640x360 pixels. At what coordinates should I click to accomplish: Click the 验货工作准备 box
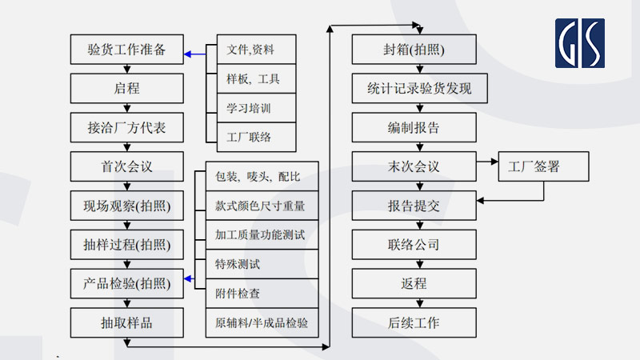click(x=126, y=50)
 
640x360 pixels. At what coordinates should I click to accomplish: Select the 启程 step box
click(x=126, y=88)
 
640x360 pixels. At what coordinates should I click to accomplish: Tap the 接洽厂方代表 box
click(x=126, y=127)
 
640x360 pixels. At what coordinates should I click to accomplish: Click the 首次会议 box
click(x=126, y=166)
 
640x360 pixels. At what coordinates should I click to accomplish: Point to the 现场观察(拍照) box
click(x=126, y=206)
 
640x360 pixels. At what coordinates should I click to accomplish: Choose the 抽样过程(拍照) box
click(x=126, y=244)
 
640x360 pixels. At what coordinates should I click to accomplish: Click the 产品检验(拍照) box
click(x=126, y=283)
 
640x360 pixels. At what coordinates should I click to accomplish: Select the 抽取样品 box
click(x=126, y=322)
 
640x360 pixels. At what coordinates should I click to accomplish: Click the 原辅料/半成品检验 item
click(x=262, y=324)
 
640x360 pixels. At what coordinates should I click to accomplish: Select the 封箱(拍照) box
click(x=414, y=50)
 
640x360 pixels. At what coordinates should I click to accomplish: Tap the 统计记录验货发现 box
click(x=414, y=88)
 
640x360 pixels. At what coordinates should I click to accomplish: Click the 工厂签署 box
click(x=544, y=166)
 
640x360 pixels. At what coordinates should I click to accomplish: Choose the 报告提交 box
click(x=414, y=206)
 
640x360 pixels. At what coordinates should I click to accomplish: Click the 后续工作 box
click(x=414, y=322)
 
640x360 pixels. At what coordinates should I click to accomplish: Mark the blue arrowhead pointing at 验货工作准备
click(x=188, y=54)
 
